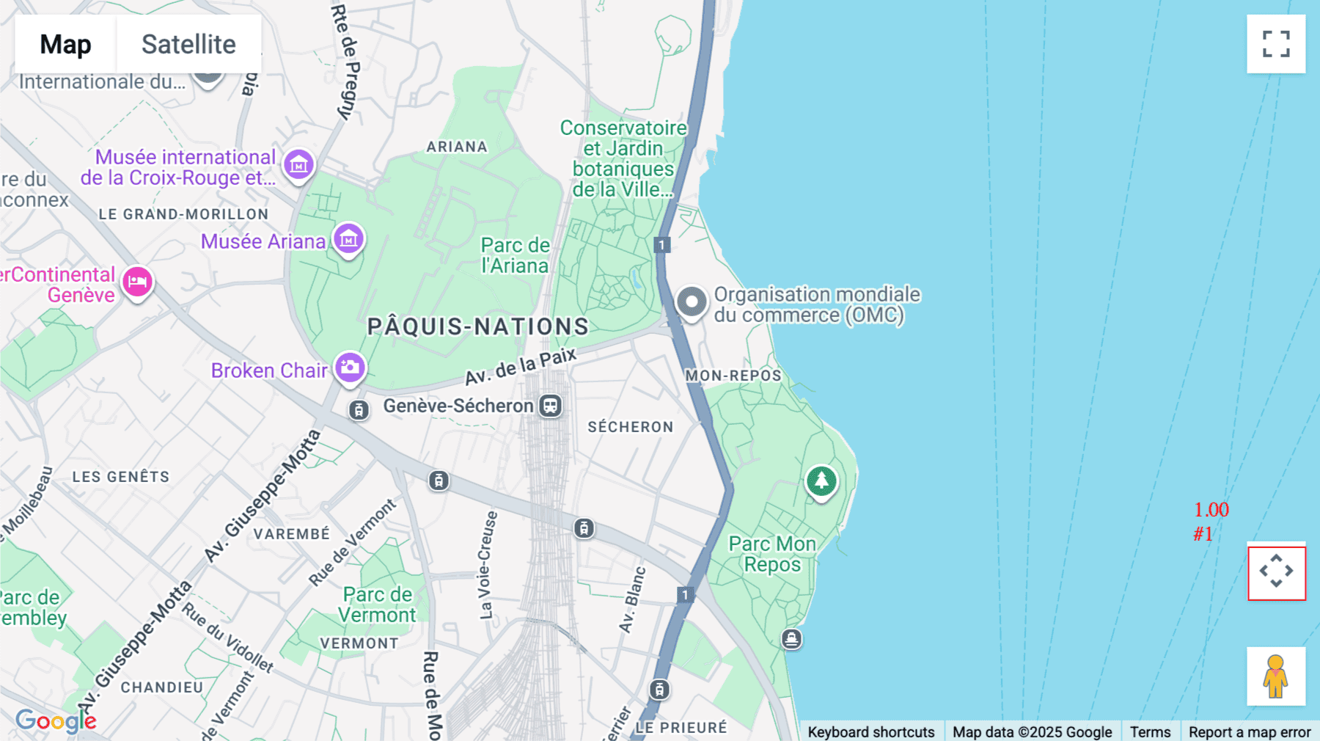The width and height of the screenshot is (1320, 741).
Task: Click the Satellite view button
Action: click(x=188, y=44)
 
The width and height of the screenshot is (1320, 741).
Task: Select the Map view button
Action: click(x=65, y=44)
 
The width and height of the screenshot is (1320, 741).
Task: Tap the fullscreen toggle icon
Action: click(x=1276, y=44)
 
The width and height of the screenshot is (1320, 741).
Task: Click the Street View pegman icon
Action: click(x=1276, y=676)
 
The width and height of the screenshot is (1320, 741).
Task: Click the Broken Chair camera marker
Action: click(x=350, y=367)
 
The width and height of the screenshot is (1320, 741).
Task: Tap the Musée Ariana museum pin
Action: click(x=348, y=238)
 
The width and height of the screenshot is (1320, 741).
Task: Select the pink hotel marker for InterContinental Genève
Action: click(x=137, y=281)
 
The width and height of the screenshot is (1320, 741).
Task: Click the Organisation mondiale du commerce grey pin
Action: click(x=691, y=302)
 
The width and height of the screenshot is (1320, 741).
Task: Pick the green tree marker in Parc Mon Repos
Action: click(x=821, y=481)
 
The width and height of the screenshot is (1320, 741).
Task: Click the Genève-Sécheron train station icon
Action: click(x=550, y=406)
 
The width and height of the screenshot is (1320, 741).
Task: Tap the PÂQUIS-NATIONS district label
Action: click(x=477, y=326)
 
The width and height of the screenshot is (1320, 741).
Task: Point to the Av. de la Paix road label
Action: click(x=521, y=367)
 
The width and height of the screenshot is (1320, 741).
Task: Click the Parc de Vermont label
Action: click(x=378, y=605)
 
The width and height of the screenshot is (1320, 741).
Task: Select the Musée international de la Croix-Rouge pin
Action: click(x=298, y=165)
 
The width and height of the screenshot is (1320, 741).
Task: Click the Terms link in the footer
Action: click(x=1150, y=731)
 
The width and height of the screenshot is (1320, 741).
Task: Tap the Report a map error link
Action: click(x=1249, y=731)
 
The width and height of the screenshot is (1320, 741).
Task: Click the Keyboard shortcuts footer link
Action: click(x=870, y=731)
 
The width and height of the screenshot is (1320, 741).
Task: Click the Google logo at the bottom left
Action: click(x=56, y=721)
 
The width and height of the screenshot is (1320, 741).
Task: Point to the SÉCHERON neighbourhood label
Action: click(x=630, y=427)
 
